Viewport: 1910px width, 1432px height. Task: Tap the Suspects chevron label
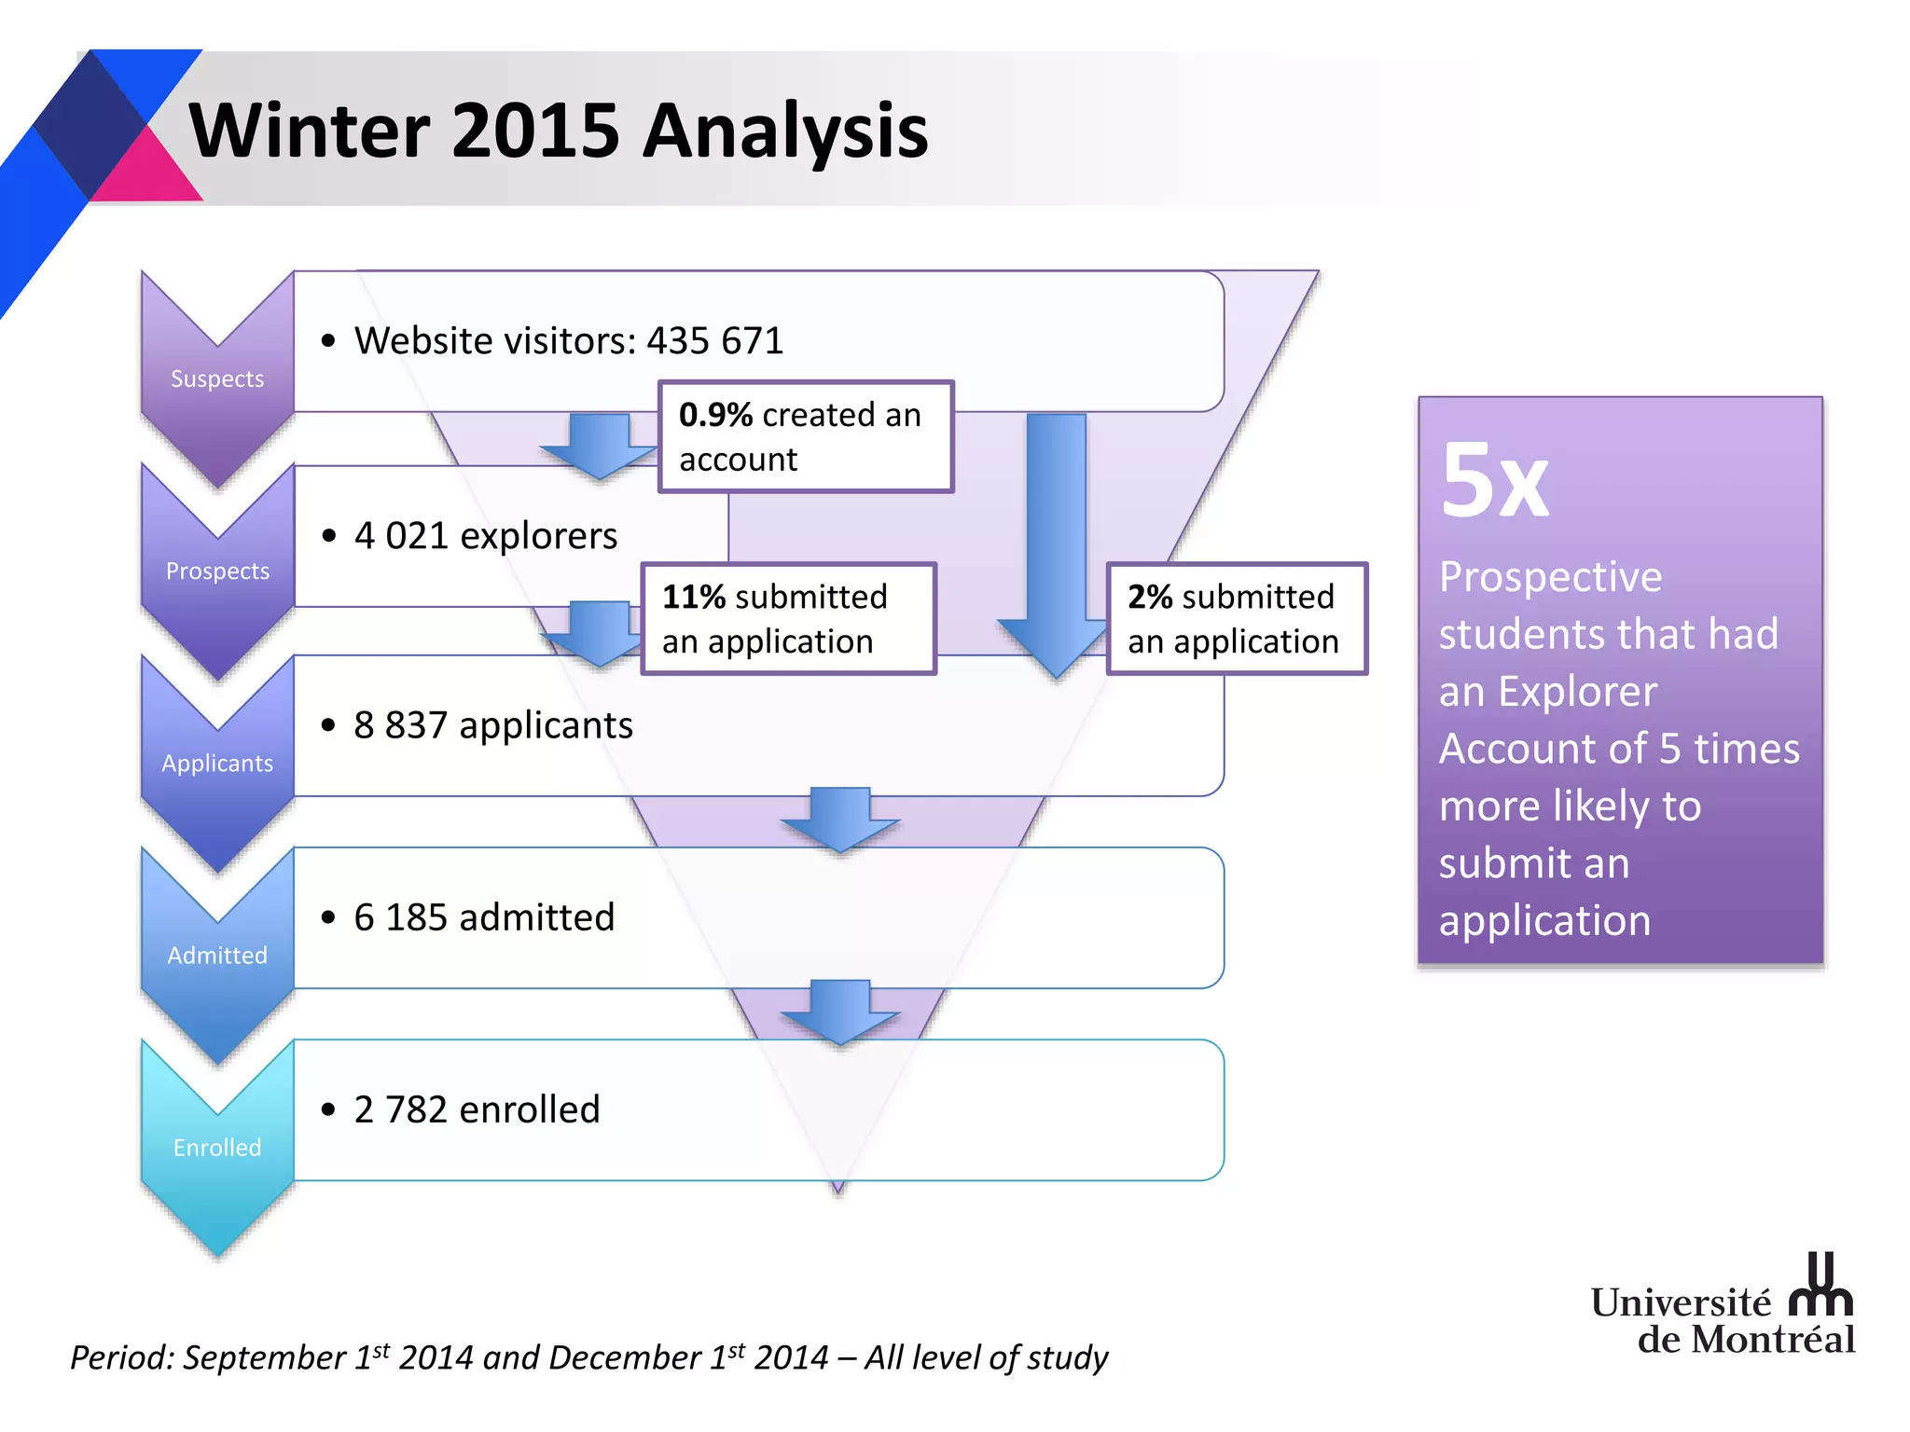[x=217, y=379]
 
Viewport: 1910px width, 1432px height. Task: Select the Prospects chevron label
[x=217, y=571]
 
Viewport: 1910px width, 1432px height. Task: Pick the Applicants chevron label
[x=217, y=763]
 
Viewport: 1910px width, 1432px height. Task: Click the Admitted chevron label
[x=217, y=955]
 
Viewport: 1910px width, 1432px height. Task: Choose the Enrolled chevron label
[x=217, y=1147]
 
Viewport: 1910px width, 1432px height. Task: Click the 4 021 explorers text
[x=485, y=536]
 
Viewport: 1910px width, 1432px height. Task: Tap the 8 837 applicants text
[x=492, y=725]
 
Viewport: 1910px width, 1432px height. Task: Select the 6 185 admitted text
[x=483, y=917]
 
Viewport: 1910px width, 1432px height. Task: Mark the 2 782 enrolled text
[x=476, y=1109]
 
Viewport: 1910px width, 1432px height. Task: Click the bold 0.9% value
[x=715, y=415]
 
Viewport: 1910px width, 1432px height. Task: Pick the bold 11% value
[x=693, y=597]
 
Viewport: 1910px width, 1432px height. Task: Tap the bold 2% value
[x=1150, y=597]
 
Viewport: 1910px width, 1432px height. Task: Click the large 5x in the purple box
[x=1493, y=481]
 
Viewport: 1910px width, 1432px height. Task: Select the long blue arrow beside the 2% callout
[x=1056, y=541]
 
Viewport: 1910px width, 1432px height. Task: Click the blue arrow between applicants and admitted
[x=839, y=819]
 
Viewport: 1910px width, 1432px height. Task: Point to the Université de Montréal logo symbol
[x=1820, y=1287]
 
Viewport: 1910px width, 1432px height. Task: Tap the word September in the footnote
[x=264, y=1357]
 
